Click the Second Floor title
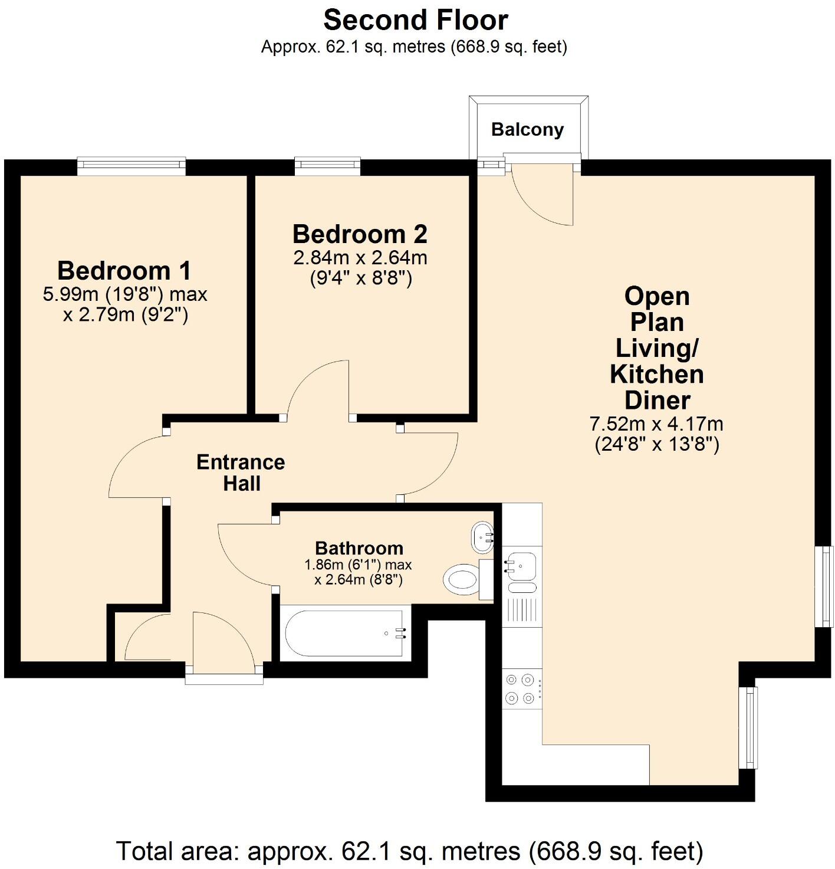tap(415, 20)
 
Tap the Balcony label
tap(527, 129)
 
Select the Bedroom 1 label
tap(124, 271)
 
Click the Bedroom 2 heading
tap(360, 234)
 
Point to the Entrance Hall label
tap(241, 473)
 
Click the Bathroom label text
tap(359, 548)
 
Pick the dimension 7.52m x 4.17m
tap(656, 424)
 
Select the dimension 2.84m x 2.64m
tap(360, 258)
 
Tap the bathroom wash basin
tap(482, 537)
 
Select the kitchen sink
tap(521, 563)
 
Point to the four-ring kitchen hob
tap(521, 689)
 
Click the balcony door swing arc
tap(540, 198)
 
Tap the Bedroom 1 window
tap(131, 167)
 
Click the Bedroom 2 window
tap(327, 166)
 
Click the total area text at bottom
tap(410, 851)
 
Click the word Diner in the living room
tap(657, 400)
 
